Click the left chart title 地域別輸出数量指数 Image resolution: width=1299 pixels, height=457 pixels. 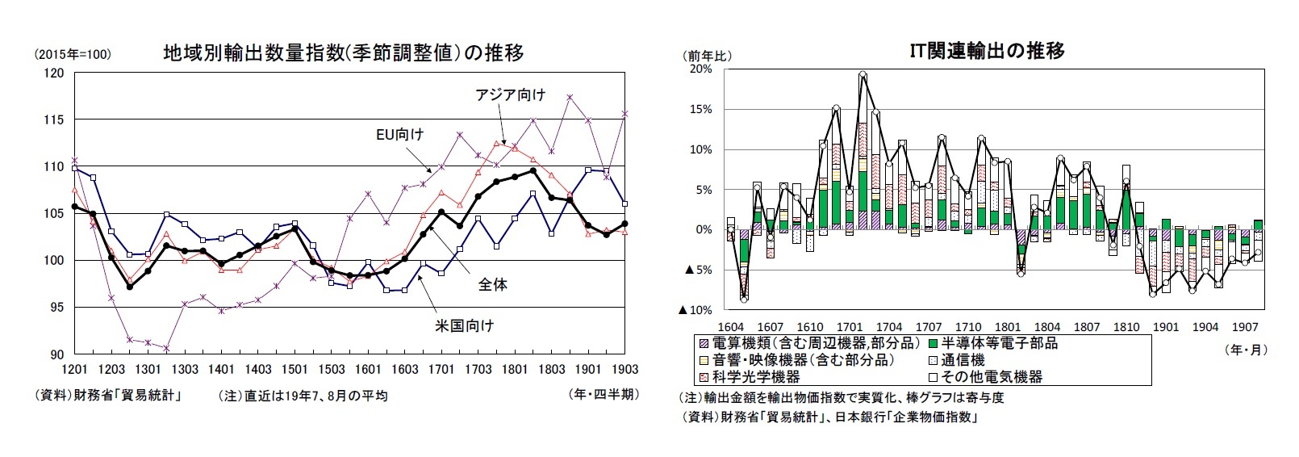pos(343,53)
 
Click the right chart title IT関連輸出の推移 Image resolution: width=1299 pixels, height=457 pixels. pos(987,51)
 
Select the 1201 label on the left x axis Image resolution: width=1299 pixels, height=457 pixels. pos(74,369)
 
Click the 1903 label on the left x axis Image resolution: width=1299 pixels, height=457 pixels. pos(624,369)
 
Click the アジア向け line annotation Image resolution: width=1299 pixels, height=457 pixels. pos(509,95)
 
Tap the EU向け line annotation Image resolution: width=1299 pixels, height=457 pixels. pos(400,134)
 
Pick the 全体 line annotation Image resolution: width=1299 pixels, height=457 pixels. pos(491,284)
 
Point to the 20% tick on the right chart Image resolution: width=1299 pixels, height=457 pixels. pos(700,69)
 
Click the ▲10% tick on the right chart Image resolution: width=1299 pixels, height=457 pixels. pos(699,310)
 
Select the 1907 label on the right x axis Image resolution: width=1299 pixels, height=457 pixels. pos(1245,327)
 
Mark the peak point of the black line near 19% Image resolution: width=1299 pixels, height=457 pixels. pos(863,74)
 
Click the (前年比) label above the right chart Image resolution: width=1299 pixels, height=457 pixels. pos(708,55)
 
